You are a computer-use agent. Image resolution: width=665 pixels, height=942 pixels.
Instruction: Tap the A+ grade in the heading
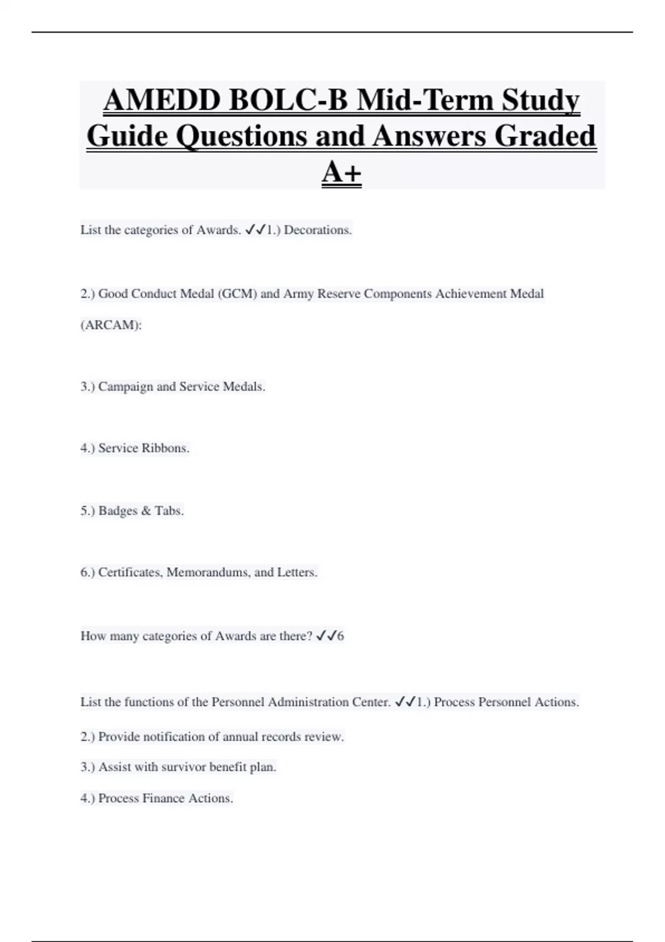click(x=341, y=172)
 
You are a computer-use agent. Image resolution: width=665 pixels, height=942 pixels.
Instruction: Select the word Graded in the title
click(x=545, y=136)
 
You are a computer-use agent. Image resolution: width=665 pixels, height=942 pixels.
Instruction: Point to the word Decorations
click(x=318, y=230)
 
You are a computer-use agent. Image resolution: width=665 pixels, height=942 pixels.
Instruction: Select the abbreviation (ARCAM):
click(x=111, y=325)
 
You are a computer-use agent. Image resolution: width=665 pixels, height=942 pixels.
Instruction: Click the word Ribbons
click(x=166, y=448)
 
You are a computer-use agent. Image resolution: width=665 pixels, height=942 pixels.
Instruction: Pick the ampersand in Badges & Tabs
click(x=146, y=511)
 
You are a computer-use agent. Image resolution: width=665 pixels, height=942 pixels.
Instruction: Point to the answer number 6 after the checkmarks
click(x=340, y=636)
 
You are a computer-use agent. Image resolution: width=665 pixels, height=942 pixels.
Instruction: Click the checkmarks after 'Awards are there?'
click(x=326, y=636)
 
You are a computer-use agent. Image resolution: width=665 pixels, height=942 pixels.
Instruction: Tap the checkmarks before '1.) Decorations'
click(x=255, y=230)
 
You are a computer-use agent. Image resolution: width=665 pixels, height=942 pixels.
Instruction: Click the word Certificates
click(x=130, y=572)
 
